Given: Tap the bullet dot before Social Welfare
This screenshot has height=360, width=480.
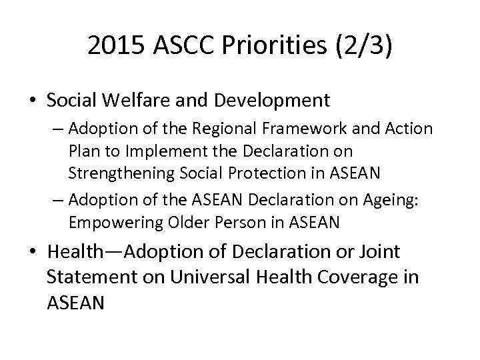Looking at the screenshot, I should (x=33, y=101).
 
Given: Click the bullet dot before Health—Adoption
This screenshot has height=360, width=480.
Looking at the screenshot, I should (x=33, y=253).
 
